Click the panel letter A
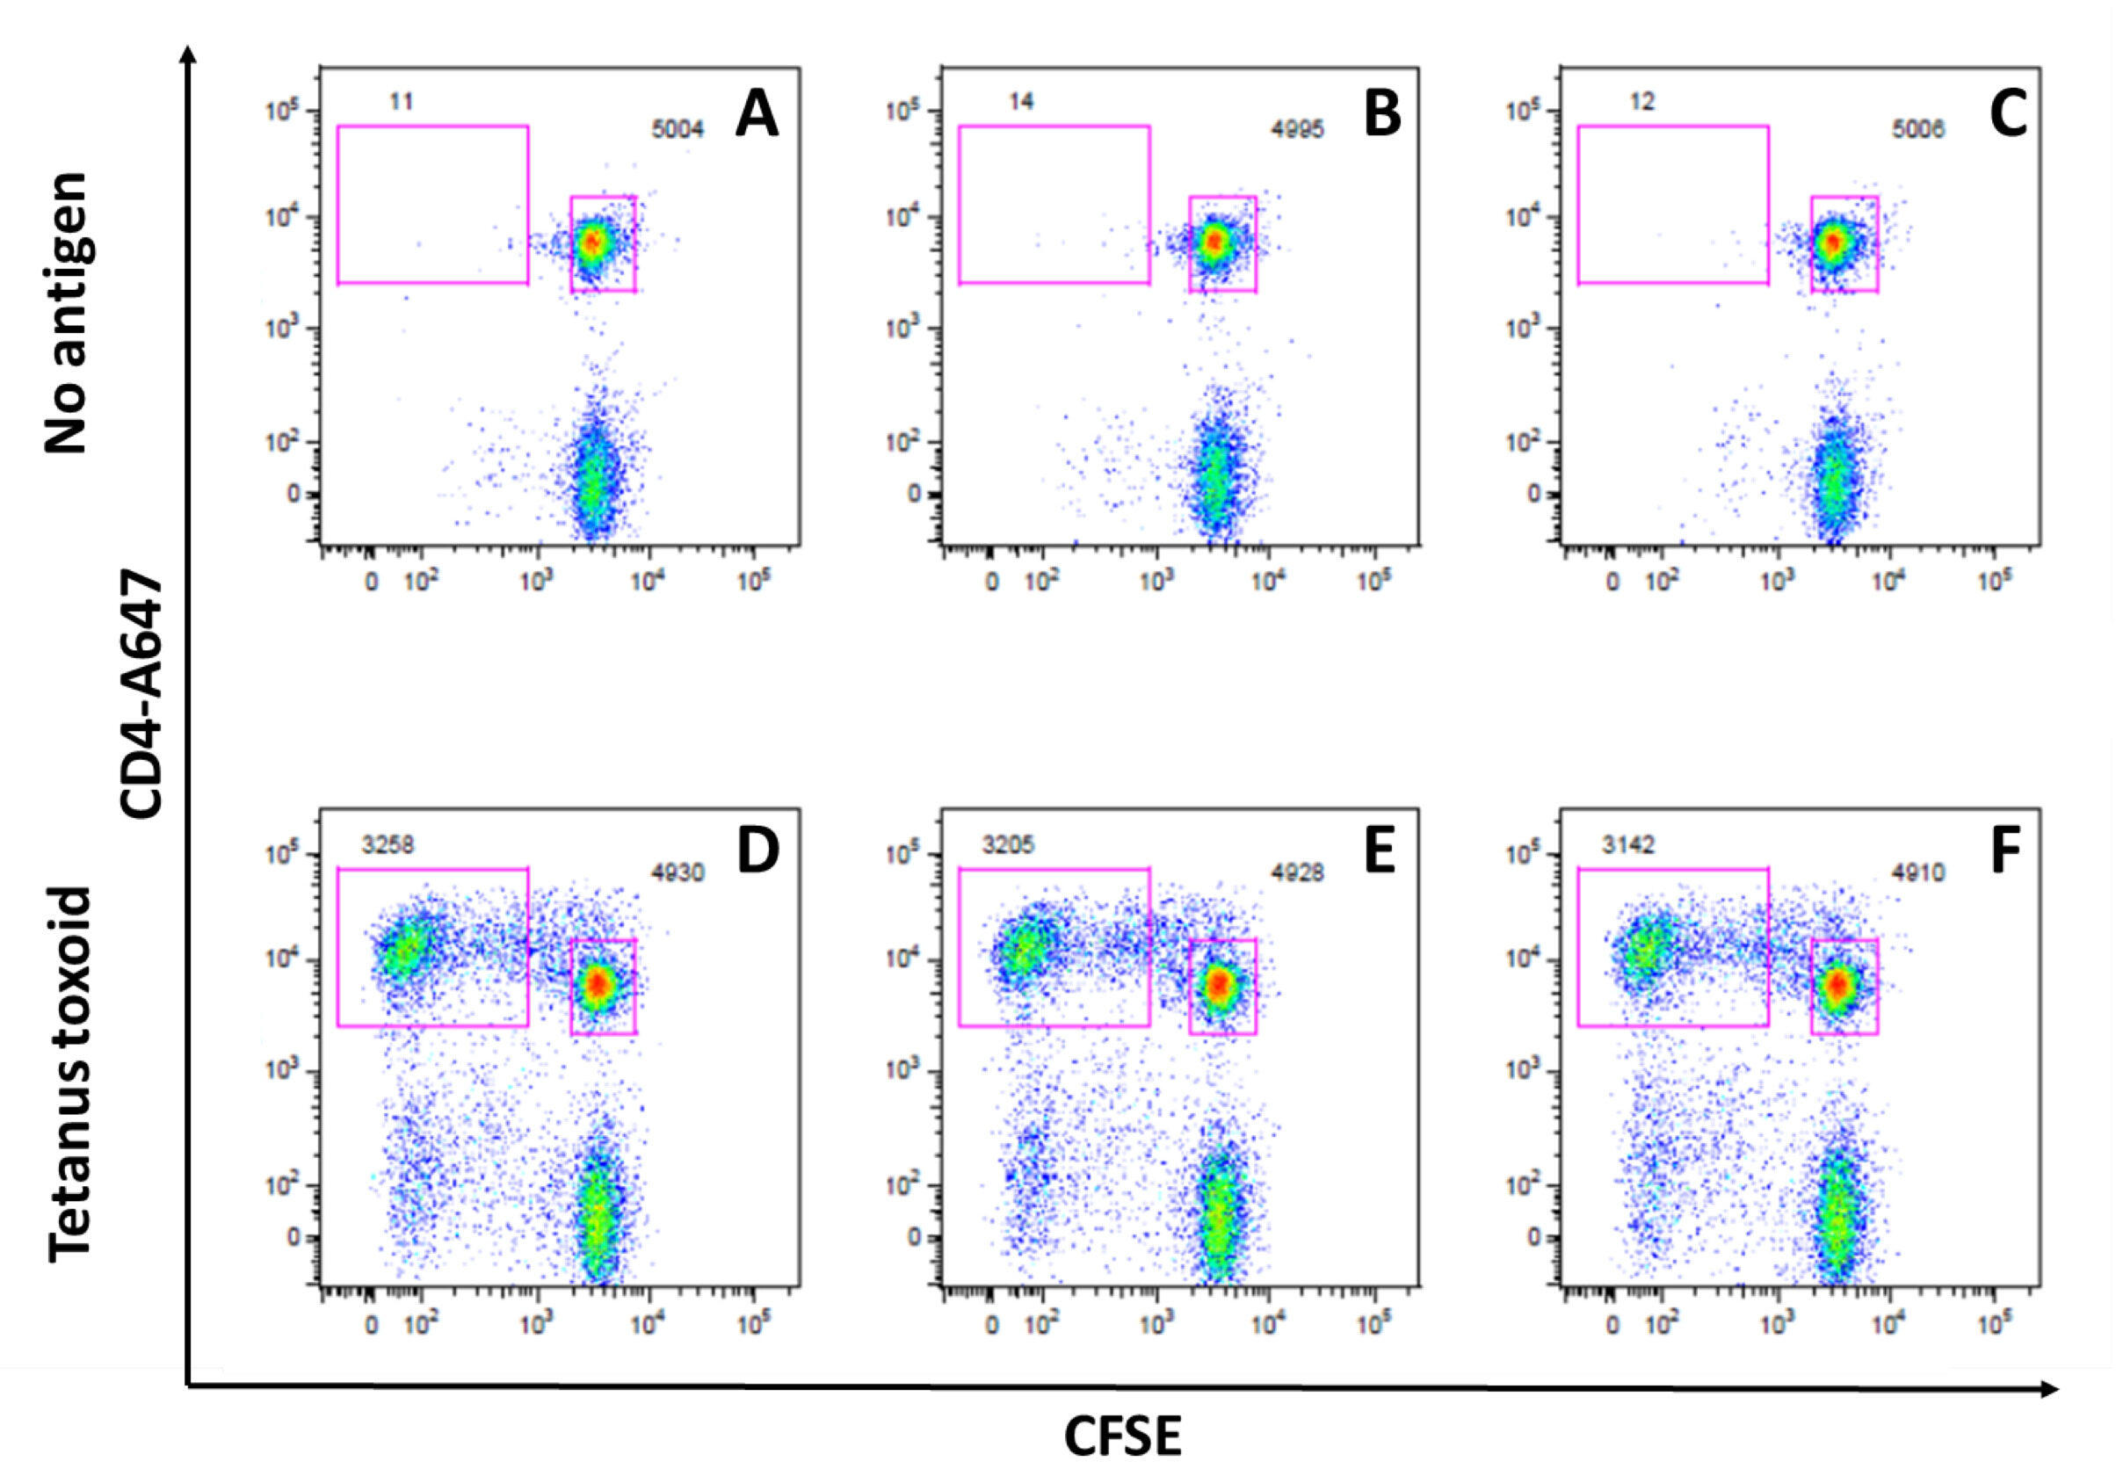pyautogui.click(x=757, y=116)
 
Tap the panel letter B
pyautogui.click(x=1381, y=116)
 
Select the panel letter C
pyautogui.click(x=2008, y=116)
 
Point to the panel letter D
pyautogui.click(x=757, y=851)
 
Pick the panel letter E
pyautogui.click(x=1380, y=851)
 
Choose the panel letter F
pyautogui.click(x=2005, y=851)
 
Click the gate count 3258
pyautogui.click(x=388, y=843)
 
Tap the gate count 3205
pyautogui.click(x=1008, y=843)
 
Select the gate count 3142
pyautogui.click(x=1627, y=843)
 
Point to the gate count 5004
pyautogui.click(x=677, y=130)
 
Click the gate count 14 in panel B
pyautogui.click(x=1020, y=101)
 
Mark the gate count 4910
pyautogui.click(x=1918, y=873)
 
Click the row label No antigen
pyautogui.click(x=66, y=313)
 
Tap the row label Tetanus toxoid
pyautogui.click(x=69, y=1074)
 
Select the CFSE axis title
pyautogui.click(x=1122, y=1434)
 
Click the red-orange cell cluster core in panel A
pyautogui.click(x=592, y=242)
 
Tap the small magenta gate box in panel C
pyautogui.click(x=1844, y=243)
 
